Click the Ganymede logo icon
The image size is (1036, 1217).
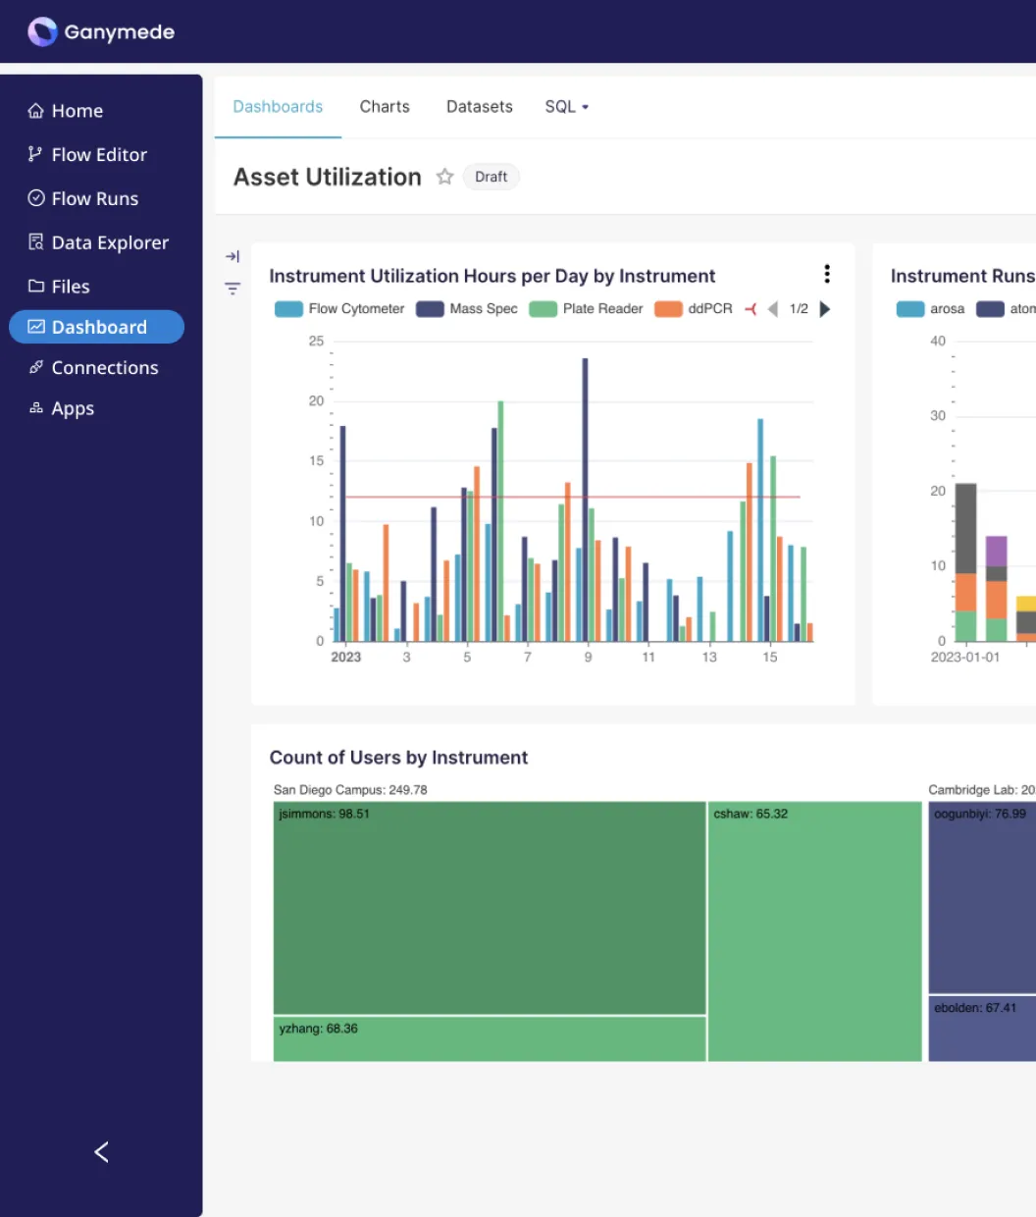click(x=42, y=31)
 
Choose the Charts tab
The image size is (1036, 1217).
click(x=385, y=107)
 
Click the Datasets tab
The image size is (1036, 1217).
click(x=479, y=107)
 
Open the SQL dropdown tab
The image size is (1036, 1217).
click(x=566, y=107)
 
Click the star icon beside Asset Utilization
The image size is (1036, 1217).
click(x=444, y=177)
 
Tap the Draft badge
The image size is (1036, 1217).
click(x=491, y=177)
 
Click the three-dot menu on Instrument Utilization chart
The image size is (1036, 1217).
click(x=827, y=274)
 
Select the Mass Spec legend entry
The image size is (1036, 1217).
click(x=467, y=309)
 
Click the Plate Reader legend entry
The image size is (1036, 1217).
click(x=586, y=309)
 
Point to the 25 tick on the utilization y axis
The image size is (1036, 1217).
click(x=316, y=342)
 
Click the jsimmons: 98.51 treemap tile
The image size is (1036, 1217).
click(x=489, y=908)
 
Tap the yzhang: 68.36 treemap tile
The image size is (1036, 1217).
click(x=489, y=1038)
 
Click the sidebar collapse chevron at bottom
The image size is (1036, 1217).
click(x=101, y=1152)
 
